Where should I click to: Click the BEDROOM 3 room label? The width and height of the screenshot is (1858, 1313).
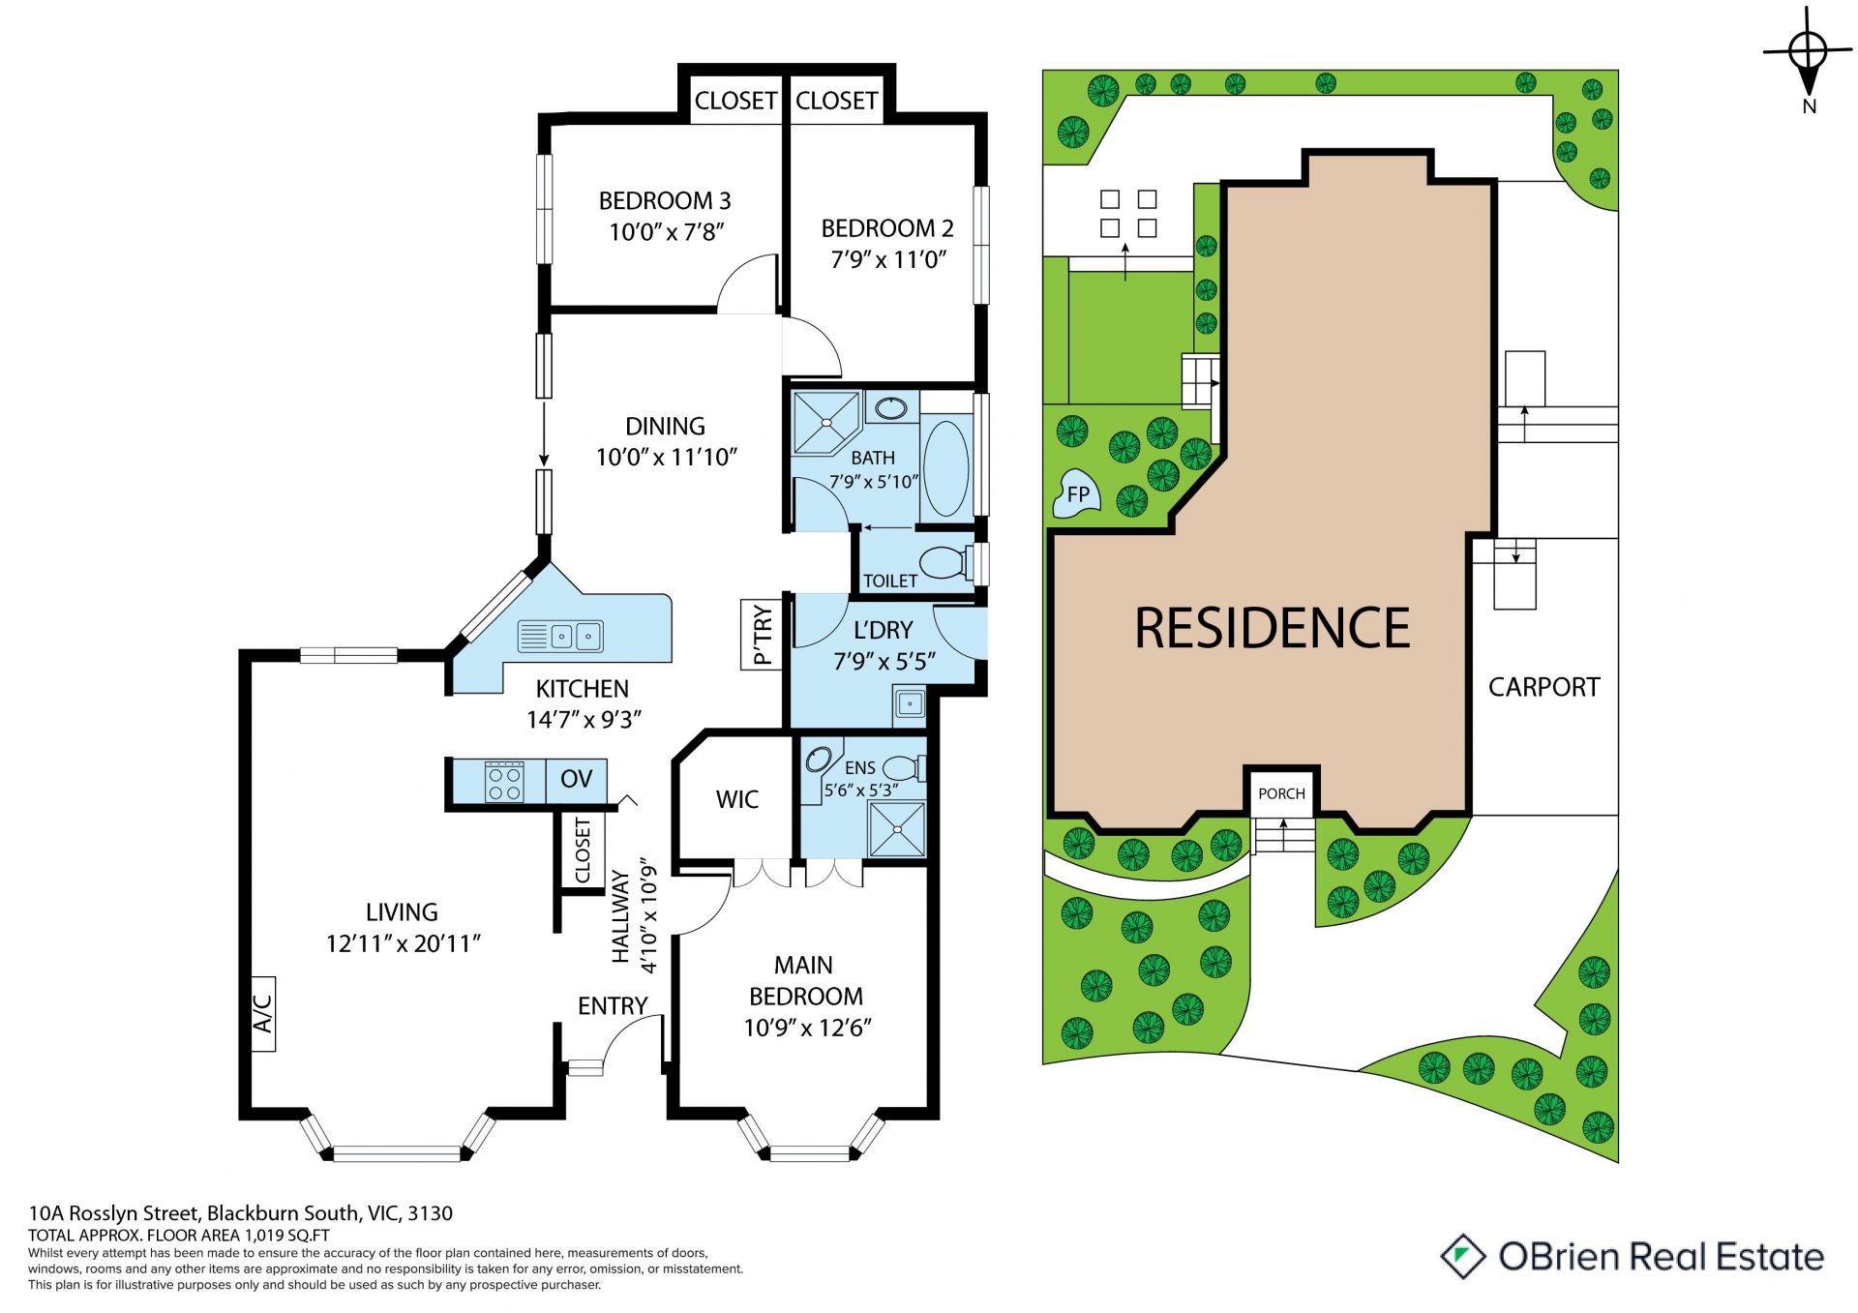[665, 201]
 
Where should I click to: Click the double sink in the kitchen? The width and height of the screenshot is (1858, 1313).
[560, 636]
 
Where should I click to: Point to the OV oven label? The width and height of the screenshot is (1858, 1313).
[577, 779]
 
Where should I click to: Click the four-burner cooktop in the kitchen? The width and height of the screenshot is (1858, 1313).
[505, 782]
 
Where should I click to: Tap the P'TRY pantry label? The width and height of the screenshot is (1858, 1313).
[763, 635]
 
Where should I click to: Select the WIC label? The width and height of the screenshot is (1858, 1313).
[737, 799]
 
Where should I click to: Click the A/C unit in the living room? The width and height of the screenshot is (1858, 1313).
[263, 1013]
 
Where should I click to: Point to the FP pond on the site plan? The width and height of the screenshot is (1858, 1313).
[1076, 494]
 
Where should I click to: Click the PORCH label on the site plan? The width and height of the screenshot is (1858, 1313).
[1282, 793]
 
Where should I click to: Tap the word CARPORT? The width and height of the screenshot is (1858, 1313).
[1544, 687]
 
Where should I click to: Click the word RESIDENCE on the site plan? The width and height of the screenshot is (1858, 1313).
[1273, 628]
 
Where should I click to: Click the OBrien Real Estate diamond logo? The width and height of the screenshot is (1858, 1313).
[1463, 1256]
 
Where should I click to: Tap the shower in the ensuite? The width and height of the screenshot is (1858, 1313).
[897, 828]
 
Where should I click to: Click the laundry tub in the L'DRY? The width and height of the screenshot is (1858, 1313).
[910, 703]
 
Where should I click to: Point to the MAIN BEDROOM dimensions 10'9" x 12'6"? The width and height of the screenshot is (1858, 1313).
[807, 1028]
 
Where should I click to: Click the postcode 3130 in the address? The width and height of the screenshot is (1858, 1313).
[430, 1213]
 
